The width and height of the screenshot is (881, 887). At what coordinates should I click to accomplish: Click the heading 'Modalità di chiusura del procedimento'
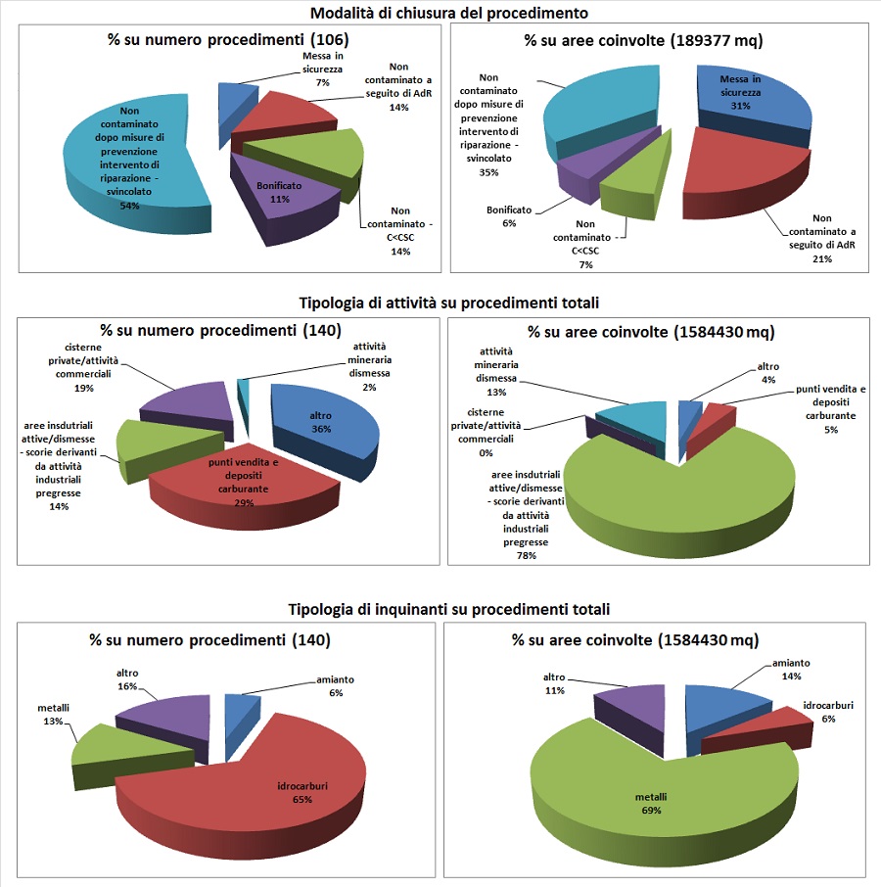click(449, 13)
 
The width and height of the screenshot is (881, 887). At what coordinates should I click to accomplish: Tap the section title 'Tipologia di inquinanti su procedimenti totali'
click(447, 609)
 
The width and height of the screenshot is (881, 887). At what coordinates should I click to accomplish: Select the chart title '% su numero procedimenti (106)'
click(227, 40)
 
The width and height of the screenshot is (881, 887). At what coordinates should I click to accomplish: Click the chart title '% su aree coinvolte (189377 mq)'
click(643, 40)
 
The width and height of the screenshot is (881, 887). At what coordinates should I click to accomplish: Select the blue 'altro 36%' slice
click(323, 421)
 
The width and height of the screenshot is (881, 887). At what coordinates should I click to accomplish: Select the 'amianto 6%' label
click(336, 685)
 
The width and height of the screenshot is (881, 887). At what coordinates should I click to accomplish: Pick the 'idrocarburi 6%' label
click(827, 712)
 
